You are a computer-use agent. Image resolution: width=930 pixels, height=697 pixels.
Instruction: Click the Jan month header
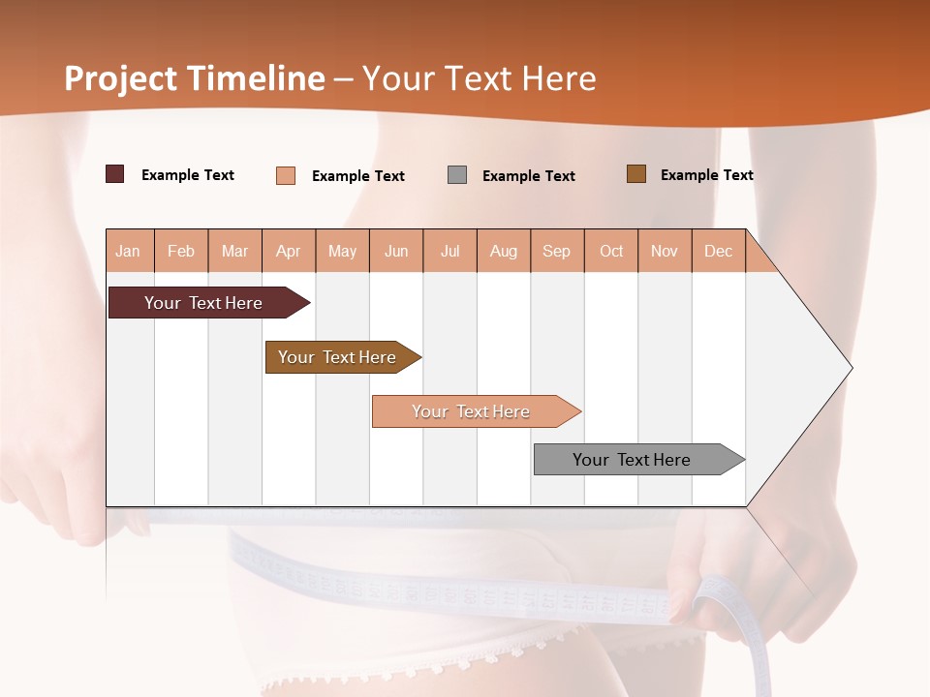point(129,251)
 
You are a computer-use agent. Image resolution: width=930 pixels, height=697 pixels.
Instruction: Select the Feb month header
point(181,251)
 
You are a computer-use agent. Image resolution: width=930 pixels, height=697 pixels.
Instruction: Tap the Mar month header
point(234,251)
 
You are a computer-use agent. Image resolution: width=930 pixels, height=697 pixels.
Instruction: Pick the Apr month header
point(289,251)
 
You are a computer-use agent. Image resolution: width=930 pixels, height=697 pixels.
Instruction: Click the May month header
point(342,251)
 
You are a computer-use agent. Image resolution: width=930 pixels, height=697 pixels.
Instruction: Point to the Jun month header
point(396,251)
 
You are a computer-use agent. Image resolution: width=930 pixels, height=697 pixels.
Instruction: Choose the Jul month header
point(449,251)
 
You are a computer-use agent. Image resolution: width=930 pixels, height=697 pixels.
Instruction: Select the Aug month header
point(504,251)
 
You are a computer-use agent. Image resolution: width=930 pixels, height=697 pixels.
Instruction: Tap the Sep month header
point(557,251)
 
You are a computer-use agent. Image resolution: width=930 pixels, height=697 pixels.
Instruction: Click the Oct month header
point(611,251)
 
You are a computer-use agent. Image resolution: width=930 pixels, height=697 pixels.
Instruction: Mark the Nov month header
point(665,251)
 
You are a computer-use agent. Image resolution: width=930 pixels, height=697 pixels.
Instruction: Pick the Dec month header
point(719,251)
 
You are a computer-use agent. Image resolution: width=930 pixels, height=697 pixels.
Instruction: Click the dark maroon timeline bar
point(204,303)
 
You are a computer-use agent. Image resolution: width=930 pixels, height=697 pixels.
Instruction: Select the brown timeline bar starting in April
point(338,357)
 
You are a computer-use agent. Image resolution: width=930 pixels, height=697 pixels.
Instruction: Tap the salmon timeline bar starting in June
point(472,411)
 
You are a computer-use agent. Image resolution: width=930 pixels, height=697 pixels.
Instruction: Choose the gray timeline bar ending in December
point(633,460)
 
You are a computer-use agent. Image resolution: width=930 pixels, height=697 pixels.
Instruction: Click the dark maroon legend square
point(115,174)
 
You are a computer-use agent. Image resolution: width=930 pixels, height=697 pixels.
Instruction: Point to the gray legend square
point(457,175)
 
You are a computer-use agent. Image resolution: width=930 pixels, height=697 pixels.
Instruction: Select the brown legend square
point(636,174)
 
